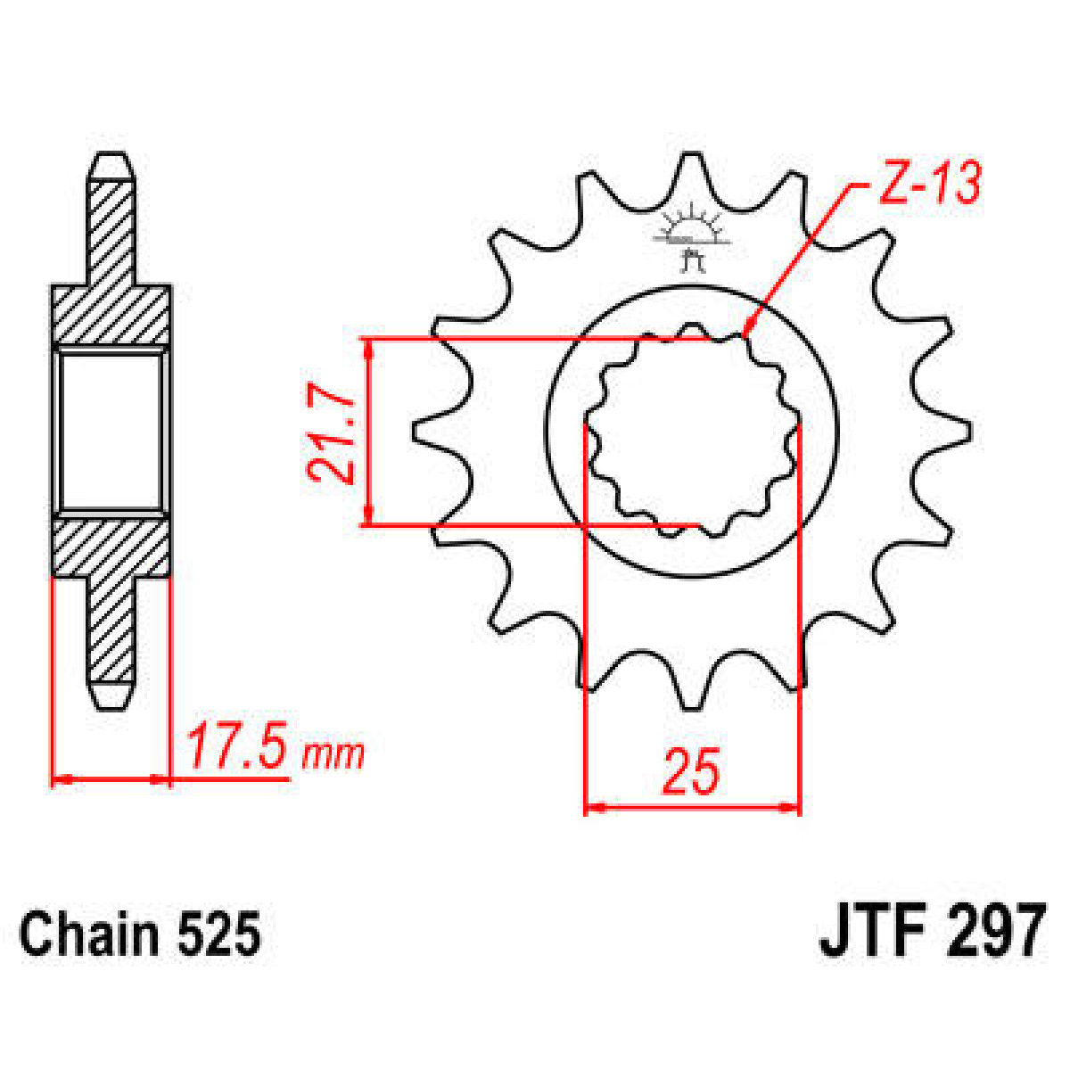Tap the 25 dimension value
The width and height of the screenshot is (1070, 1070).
tap(690, 772)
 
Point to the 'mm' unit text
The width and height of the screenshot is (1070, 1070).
tap(333, 755)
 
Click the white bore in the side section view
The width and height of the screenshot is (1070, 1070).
tap(111, 430)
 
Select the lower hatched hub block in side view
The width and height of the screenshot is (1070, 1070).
tap(111, 547)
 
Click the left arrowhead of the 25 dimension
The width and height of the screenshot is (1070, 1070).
tap(590, 807)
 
